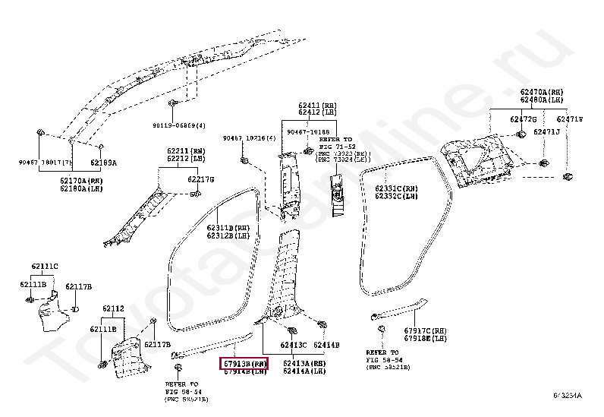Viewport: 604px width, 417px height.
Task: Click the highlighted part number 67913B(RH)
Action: pos(244,364)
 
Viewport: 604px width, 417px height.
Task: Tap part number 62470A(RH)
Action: pos(541,91)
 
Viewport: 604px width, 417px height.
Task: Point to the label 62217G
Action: pos(201,179)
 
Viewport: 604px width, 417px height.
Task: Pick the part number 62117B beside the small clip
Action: pos(78,286)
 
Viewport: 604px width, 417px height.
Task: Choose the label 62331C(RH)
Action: pos(395,188)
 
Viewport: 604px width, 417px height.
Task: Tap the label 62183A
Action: pos(104,163)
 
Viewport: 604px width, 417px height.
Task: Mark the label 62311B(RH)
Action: pos(228,227)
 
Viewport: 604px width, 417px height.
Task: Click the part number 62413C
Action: pos(293,345)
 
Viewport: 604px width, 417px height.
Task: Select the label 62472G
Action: pos(523,119)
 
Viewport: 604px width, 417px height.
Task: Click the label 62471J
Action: pos(546,132)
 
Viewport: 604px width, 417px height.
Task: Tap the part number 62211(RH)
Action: pos(186,151)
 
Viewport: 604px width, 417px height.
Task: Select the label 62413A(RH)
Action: pos(305,364)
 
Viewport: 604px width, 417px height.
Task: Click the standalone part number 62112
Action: pos(113,308)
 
